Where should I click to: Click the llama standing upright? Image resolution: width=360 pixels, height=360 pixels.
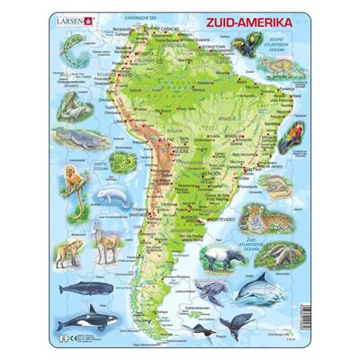[108, 242]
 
